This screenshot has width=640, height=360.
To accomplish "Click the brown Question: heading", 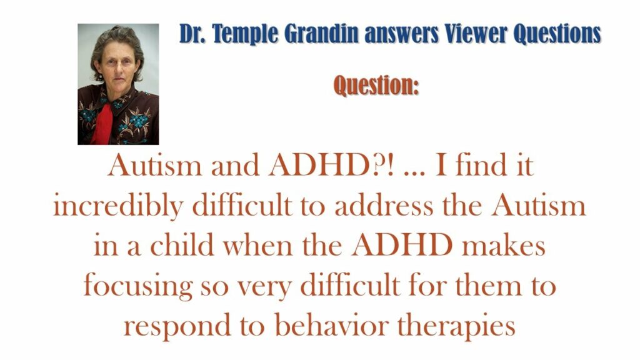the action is coord(376,85).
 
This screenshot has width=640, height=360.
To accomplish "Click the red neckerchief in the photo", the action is coord(102,123).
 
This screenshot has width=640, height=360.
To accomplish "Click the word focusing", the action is coord(138,286).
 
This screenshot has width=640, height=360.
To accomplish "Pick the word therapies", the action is coord(456,326).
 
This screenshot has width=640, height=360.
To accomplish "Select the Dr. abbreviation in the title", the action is coord(194,34).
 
